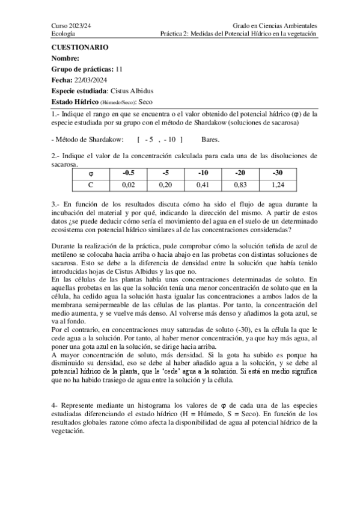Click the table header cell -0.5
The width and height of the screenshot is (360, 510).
128,173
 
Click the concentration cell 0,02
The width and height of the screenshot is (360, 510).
128,184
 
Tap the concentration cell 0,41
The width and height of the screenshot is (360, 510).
203,184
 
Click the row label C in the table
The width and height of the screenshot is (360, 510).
90,184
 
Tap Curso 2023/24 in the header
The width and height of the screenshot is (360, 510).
69,26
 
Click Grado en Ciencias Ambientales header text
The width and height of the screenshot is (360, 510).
275,26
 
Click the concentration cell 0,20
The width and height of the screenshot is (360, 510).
165,184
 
